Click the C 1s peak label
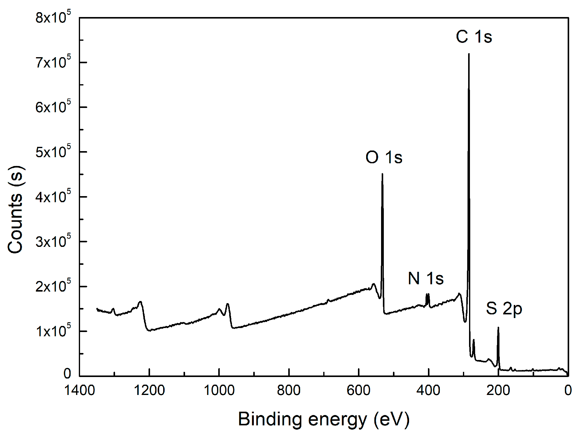pyautogui.click(x=474, y=37)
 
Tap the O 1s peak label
pyautogui.click(x=384, y=157)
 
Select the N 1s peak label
pyautogui.click(x=426, y=279)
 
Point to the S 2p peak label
pyautogui.click(x=504, y=309)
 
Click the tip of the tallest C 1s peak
pyautogui.click(x=469, y=54)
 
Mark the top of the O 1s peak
pyautogui.click(x=382, y=175)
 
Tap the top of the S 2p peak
pyautogui.click(x=498, y=328)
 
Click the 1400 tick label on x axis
pyautogui.click(x=79, y=390)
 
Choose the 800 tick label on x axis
pyautogui.click(x=289, y=390)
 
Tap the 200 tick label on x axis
pyautogui.click(x=498, y=390)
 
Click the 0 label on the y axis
pyautogui.click(x=67, y=374)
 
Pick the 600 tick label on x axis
pyautogui.click(x=358, y=390)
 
